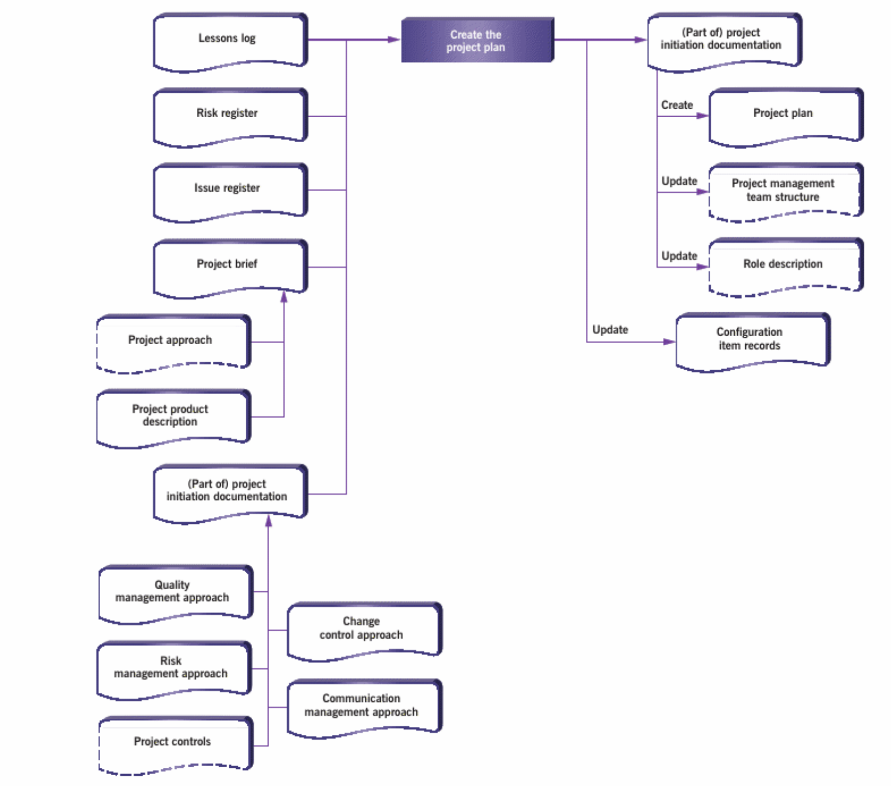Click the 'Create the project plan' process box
477,40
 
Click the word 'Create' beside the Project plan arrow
676,105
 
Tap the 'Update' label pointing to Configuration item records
610,330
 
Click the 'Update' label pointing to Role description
679,256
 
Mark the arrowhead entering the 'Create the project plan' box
394,40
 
